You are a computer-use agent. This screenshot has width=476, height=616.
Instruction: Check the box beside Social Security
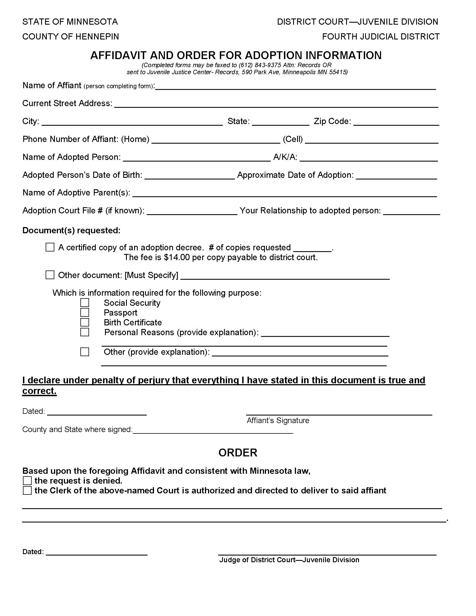pyautogui.click(x=85, y=303)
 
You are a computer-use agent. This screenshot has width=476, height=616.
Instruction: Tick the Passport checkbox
pyautogui.click(x=85, y=312)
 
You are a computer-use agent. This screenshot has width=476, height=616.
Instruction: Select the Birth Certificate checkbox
pyautogui.click(x=85, y=322)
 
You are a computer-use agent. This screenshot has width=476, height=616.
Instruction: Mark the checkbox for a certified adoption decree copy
pyautogui.click(x=50, y=247)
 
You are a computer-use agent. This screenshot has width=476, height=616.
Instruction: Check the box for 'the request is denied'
pyautogui.click(x=27, y=480)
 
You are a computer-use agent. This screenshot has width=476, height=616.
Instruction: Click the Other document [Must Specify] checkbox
pyautogui.click(x=50, y=275)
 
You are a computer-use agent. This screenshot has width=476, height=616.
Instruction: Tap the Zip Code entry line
pyautogui.click(x=396, y=122)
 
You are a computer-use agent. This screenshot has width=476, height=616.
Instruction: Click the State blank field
pyautogui.click(x=281, y=122)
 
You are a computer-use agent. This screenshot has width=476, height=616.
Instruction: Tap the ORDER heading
pyautogui.click(x=238, y=453)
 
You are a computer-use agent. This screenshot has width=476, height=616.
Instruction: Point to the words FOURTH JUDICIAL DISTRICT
pyautogui.click(x=381, y=37)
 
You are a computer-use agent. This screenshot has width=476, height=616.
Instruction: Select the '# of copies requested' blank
pyautogui.click(x=312, y=248)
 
